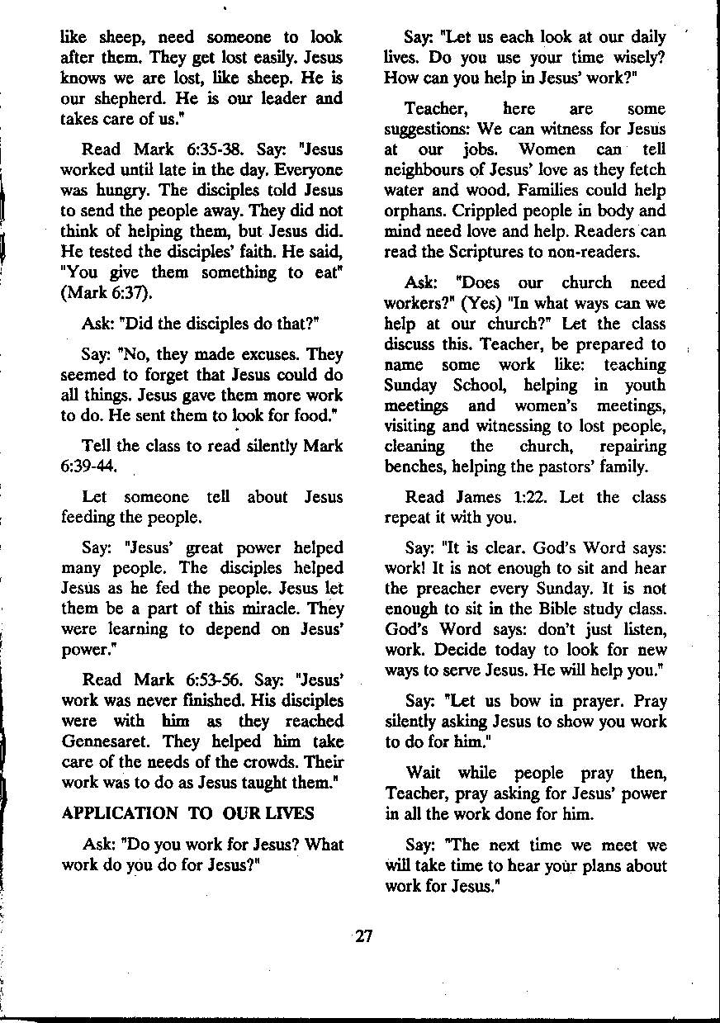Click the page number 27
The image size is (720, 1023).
363,936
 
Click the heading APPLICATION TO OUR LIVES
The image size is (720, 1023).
187,813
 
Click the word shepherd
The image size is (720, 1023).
130,98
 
